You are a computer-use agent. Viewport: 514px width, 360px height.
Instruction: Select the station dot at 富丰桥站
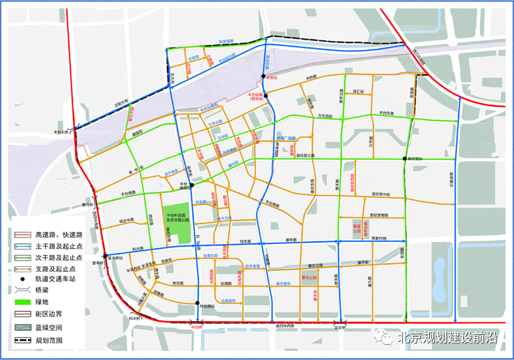pyautogui.click(x=105, y=256)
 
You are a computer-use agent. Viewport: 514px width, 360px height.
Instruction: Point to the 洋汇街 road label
pyautogui.click(x=360, y=91)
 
